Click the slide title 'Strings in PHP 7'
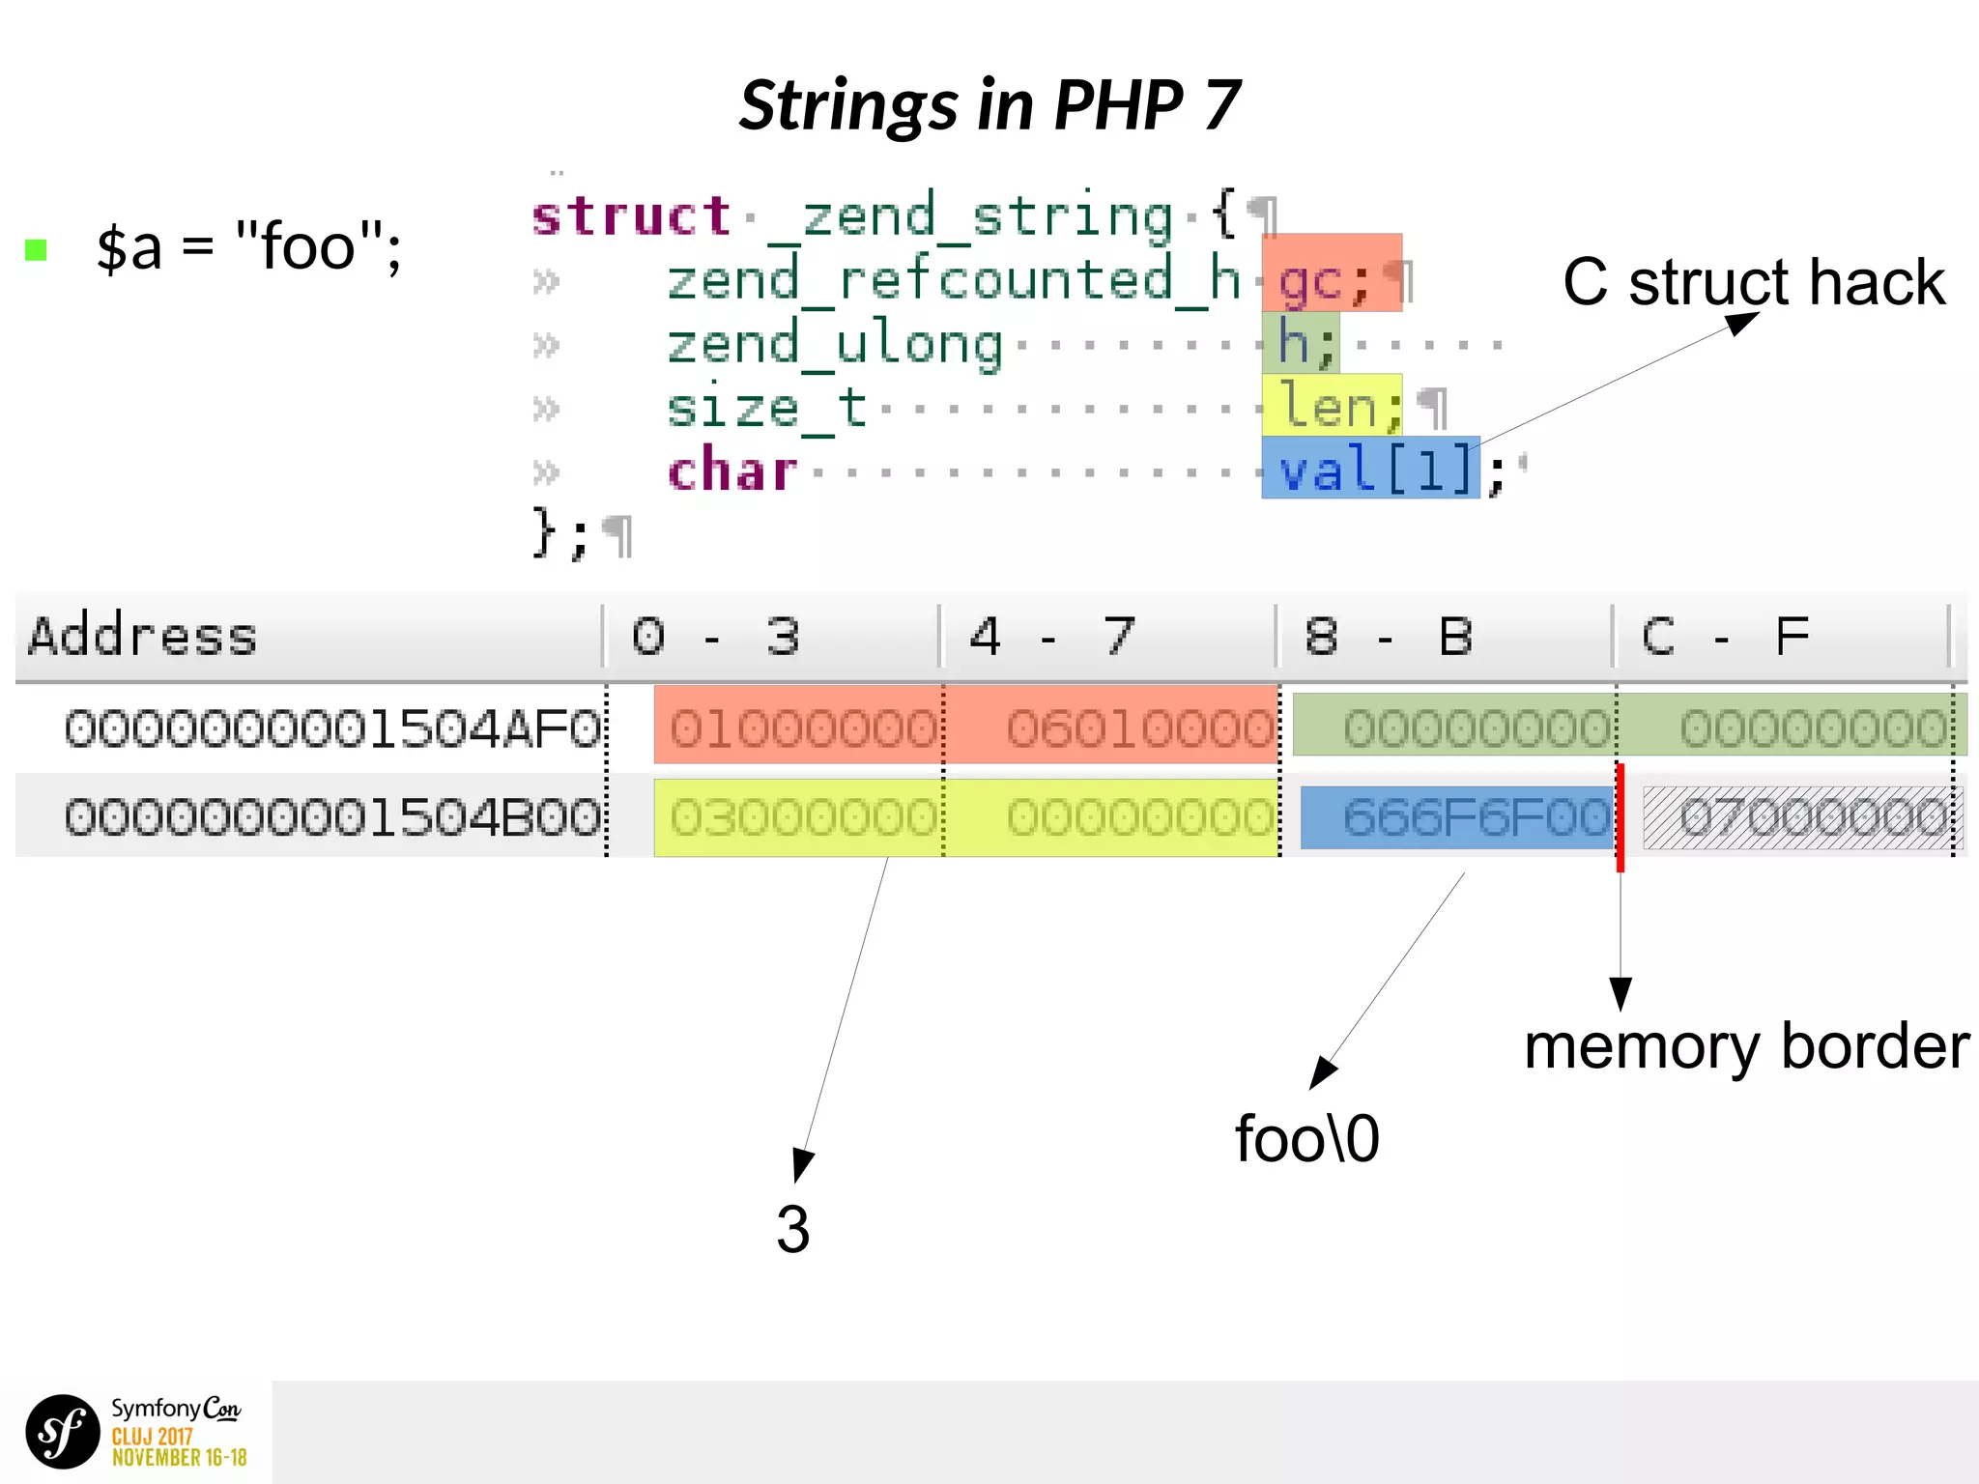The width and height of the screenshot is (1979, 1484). pos(989,104)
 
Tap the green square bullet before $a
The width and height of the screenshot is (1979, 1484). pos(36,250)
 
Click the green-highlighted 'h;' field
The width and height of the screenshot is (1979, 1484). pos(1301,342)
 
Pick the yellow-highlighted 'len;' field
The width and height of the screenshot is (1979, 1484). pos(1331,405)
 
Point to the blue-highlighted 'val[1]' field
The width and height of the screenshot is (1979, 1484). pos(1369,468)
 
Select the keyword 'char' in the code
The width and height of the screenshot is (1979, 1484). pos(731,471)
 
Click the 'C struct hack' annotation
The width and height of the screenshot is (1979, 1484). pos(1753,282)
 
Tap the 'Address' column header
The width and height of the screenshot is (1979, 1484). pos(143,637)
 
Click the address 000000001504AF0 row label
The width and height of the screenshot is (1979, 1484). pos(331,728)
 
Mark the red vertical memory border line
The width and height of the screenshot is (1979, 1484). pos(1620,817)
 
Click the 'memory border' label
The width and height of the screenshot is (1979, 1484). pos(1746,1047)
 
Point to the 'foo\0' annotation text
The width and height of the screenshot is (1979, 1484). pos(1306,1139)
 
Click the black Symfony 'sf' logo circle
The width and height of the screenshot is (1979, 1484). pos(63,1431)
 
